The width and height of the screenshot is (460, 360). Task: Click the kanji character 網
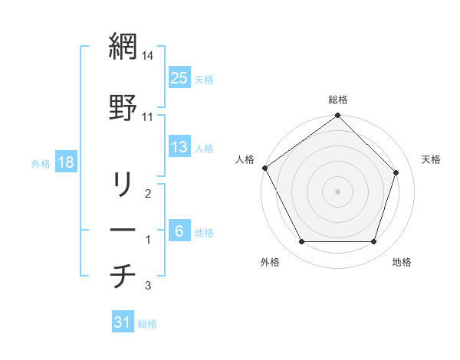(123, 48)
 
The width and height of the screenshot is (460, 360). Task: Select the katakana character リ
(123, 185)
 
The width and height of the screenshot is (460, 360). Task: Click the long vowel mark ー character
(123, 230)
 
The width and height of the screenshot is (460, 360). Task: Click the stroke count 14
(148, 57)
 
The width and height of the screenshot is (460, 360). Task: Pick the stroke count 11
(148, 116)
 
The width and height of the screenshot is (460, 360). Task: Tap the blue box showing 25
(179, 77)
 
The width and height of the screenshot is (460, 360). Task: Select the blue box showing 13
(179, 147)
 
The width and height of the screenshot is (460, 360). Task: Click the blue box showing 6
(179, 231)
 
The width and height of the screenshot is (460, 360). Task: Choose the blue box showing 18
(66, 162)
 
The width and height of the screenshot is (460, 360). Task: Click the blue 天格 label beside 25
(204, 79)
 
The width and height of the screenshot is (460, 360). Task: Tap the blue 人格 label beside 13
(204, 149)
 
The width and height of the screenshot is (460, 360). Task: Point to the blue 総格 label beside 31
(147, 324)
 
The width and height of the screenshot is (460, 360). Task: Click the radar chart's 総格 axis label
(338, 100)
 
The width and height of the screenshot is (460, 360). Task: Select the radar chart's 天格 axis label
(432, 159)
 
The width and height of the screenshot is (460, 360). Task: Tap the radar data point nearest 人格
(264, 168)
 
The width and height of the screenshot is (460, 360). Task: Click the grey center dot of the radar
(337, 191)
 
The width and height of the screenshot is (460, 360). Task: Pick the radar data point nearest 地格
(373, 242)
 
